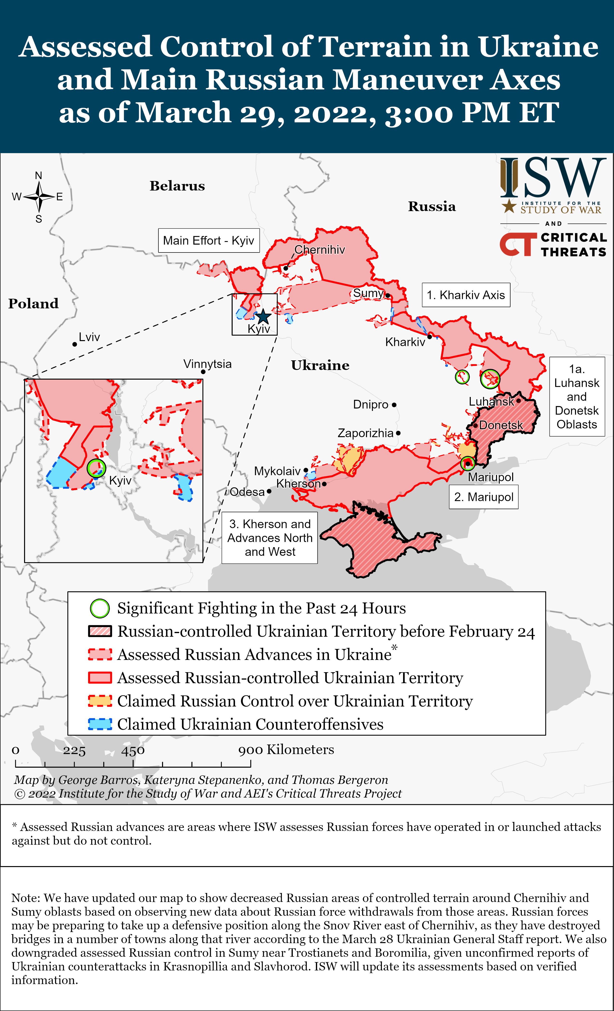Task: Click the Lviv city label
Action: click(x=89, y=337)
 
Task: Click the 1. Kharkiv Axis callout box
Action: click(x=466, y=295)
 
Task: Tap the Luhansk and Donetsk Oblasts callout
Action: click(x=577, y=397)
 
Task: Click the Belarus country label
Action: click(x=177, y=186)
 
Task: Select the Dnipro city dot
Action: click(x=394, y=405)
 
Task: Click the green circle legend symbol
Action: click(x=100, y=609)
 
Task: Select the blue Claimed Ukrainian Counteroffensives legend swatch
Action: click(x=100, y=725)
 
